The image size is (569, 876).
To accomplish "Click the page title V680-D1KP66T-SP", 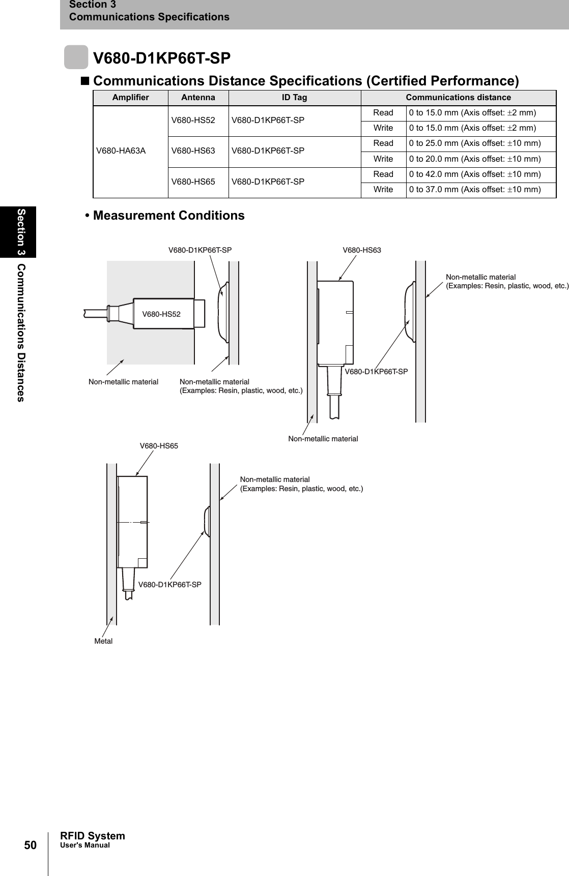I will point(162,58).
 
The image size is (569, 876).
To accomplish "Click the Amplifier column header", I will point(130,97).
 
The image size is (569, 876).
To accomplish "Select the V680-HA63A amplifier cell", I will point(121,151).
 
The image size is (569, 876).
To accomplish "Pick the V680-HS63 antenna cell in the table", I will point(193,151).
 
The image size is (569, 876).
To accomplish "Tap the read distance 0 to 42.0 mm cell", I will point(475,174).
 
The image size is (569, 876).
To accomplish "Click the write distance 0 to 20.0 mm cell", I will point(475,159).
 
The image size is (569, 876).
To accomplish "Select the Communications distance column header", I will point(458,97).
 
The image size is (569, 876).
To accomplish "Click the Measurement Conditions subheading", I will point(168,216).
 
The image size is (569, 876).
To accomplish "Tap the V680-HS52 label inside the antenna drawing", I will point(161,314).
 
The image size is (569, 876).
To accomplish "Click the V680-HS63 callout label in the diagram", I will point(361,250).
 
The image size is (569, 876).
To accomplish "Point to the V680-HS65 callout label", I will point(159,446).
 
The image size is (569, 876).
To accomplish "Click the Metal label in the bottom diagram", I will point(103,641).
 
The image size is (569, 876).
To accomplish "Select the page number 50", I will point(31,845).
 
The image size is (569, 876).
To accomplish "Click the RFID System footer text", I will point(92,836).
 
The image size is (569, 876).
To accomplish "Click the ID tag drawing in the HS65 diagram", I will point(206,521).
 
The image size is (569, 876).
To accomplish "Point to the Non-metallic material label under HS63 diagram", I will point(323,438).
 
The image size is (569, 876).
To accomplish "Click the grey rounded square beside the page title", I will point(76,57).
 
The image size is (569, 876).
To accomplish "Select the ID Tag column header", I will point(295,97).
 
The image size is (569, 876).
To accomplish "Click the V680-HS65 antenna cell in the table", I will point(193,182).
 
